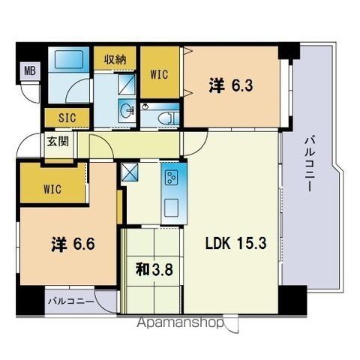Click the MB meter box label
pyautogui.click(x=30, y=71)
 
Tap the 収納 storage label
pyautogui.click(x=115, y=60)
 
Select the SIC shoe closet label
pyautogui.click(x=67, y=118)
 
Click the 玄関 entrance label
pyautogui.click(x=58, y=142)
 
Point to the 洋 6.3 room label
pyautogui.click(x=230, y=85)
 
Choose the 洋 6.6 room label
pyautogui.click(x=73, y=244)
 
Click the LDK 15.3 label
pyautogui.click(x=235, y=243)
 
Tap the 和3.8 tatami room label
pyautogui.click(x=154, y=270)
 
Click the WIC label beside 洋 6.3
pyautogui.click(x=159, y=74)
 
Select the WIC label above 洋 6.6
pyautogui.click(x=52, y=189)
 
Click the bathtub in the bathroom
pyautogui.click(x=68, y=59)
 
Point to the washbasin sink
pyautogui.click(x=127, y=110)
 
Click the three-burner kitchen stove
pyautogui.click(x=172, y=177)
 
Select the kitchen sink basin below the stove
pyautogui.click(x=172, y=208)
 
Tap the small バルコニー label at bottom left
pyautogui.click(x=71, y=301)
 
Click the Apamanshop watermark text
pyautogui.click(x=180, y=323)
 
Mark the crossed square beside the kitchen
pyautogui.click(x=129, y=172)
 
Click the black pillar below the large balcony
pyautogui.click(x=292, y=300)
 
